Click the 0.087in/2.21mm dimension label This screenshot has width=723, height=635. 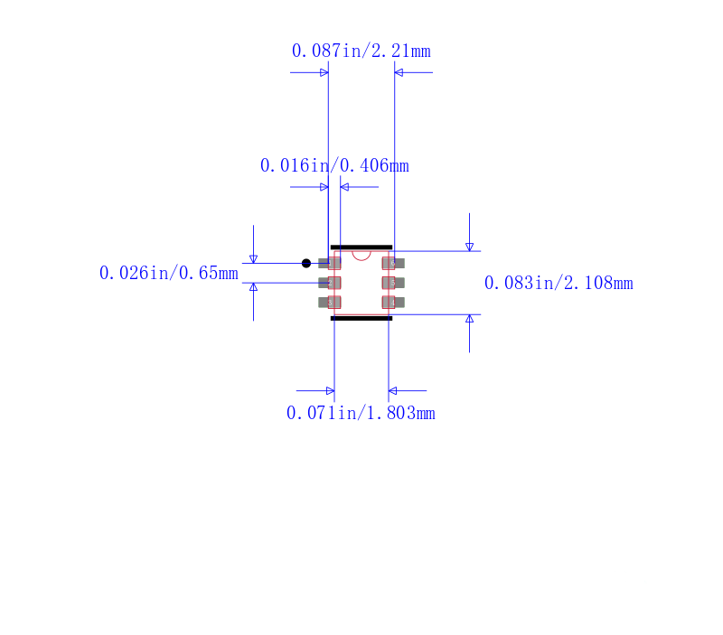tap(361, 51)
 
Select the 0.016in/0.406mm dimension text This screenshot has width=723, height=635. tap(334, 165)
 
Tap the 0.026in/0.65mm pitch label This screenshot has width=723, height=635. tap(169, 273)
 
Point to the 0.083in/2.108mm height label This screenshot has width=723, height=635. tap(559, 283)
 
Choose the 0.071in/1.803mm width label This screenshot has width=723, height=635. tap(361, 413)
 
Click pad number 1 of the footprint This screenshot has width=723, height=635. tap(329, 263)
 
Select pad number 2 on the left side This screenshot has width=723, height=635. tap(329, 283)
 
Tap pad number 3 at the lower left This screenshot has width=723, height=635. tap(329, 303)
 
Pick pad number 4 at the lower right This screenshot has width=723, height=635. tap(393, 303)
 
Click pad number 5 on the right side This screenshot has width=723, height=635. tap(393, 283)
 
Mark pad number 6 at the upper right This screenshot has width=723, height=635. tap(393, 263)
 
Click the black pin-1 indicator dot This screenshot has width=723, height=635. tap(306, 263)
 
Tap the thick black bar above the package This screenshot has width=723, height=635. tap(361, 247)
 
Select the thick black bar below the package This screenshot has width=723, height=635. tap(361, 318)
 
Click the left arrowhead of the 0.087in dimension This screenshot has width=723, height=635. tap(324, 72)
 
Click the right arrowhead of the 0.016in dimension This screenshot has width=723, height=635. tap(344, 187)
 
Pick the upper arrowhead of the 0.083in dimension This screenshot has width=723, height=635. tap(469, 247)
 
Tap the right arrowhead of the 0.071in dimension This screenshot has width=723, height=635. tap(393, 391)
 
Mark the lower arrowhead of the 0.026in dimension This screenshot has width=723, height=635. tap(253, 287)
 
